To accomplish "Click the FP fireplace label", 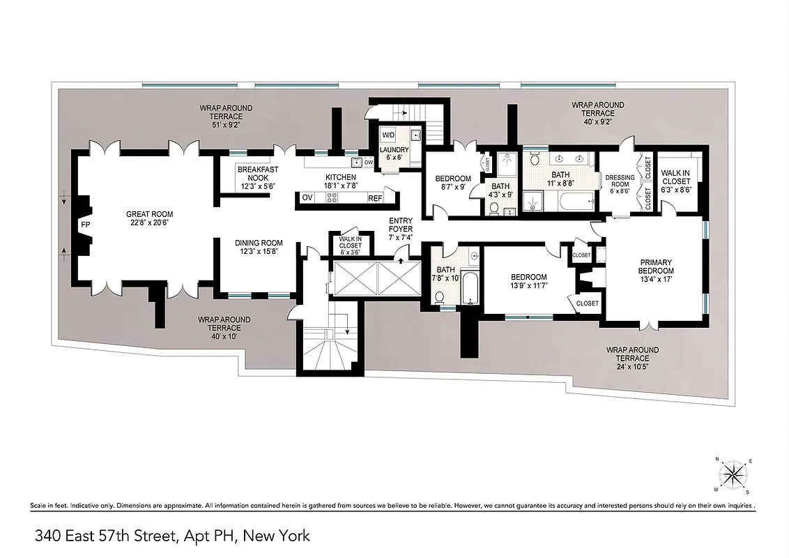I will (x=85, y=226).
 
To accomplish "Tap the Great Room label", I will (x=149, y=219).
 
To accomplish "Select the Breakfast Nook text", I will (x=258, y=178).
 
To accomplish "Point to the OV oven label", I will (x=307, y=198).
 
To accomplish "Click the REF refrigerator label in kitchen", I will (x=375, y=198).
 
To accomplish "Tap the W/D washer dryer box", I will (x=388, y=135).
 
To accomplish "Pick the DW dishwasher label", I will (x=368, y=163).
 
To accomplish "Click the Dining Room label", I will (x=257, y=247).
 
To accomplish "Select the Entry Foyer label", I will (x=401, y=229).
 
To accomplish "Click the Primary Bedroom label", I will (x=657, y=266).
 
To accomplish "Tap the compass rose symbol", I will (x=733, y=476).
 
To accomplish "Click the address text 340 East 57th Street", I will (x=173, y=536).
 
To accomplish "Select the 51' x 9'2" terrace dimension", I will (x=226, y=126).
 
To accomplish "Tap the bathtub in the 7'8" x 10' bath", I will (x=472, y=288).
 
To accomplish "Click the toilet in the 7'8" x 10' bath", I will (x=441, y=298).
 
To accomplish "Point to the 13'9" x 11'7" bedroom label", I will (x=528, y=281).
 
